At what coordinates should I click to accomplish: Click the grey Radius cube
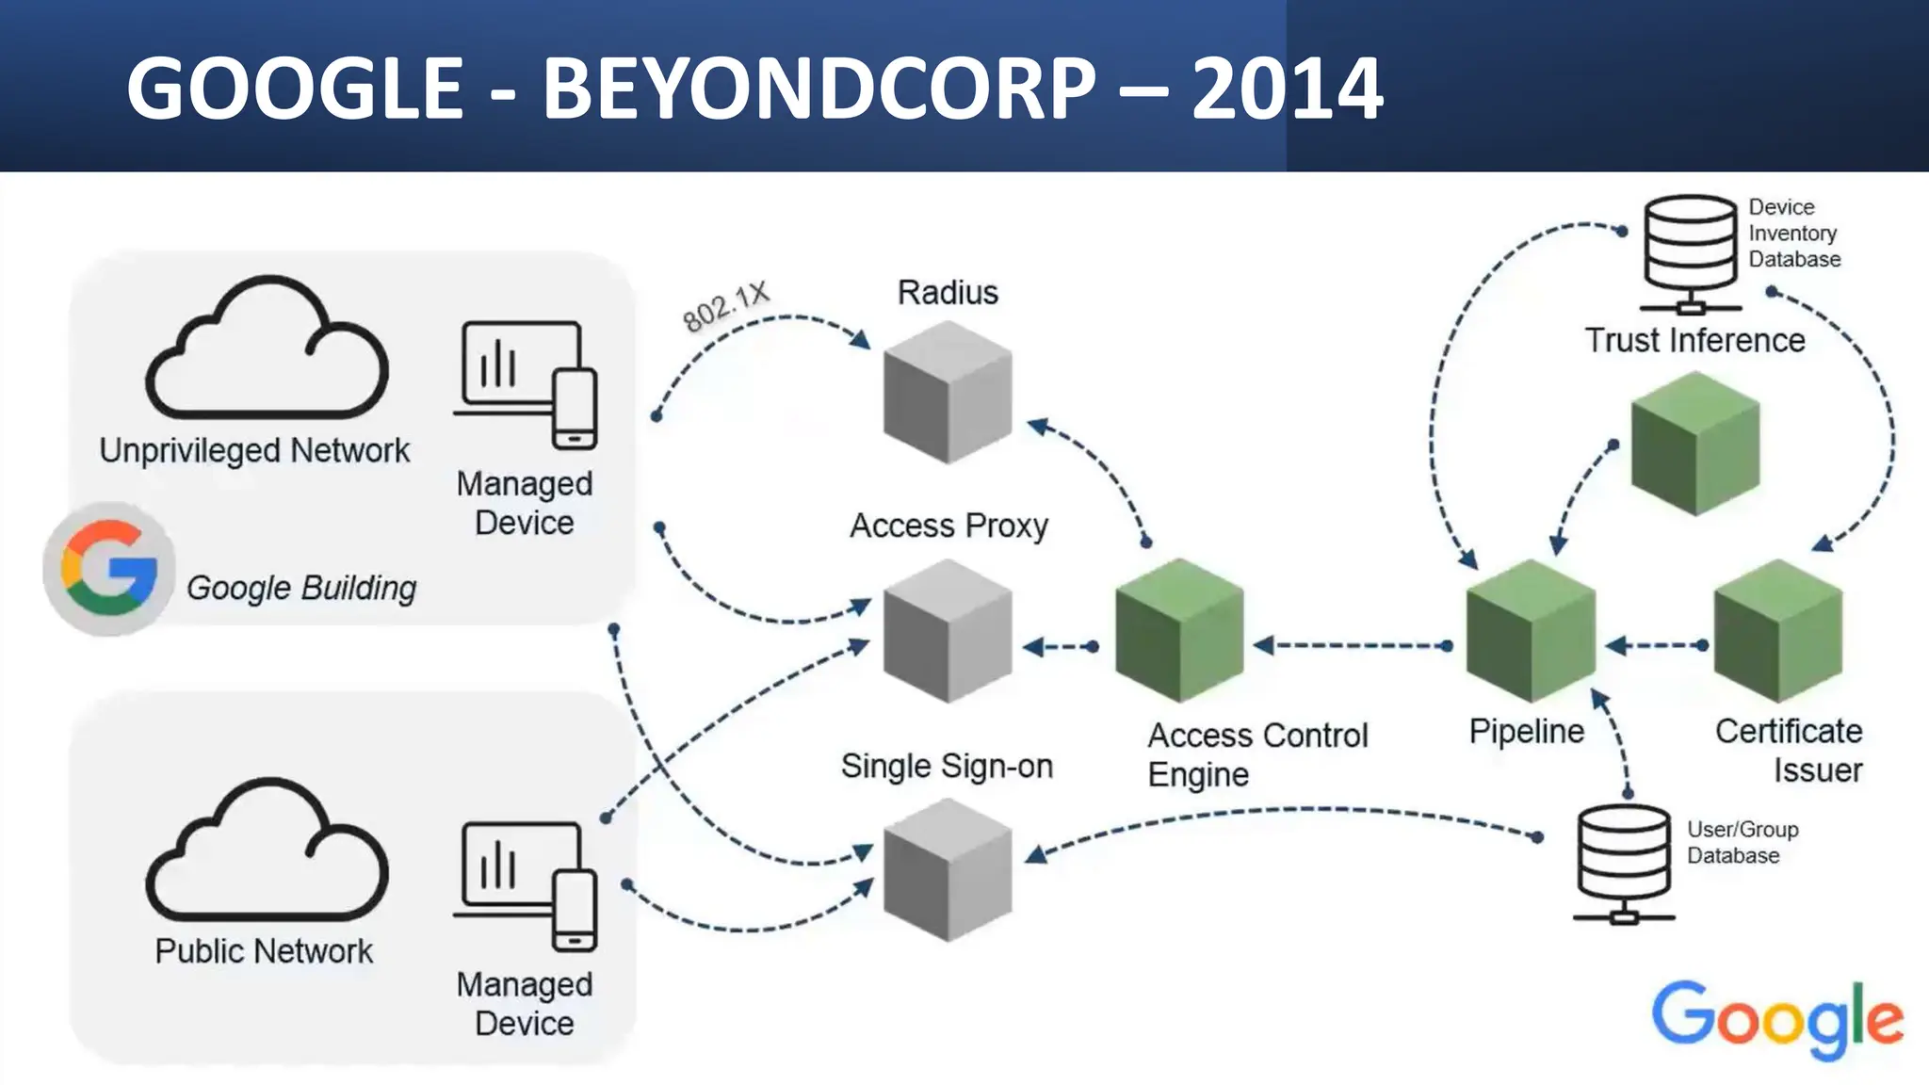pos(948,393)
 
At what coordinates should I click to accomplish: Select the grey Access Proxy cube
pos(948,631)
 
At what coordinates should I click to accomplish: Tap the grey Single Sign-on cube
pos(948,870)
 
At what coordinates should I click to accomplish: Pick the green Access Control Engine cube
pos(1179,630)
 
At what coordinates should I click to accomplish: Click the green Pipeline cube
pos(1531,630)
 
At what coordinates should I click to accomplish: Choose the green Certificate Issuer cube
pos(1777,630)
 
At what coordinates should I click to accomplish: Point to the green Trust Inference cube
pos(1694,444)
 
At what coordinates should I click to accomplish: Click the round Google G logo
pos(108,569)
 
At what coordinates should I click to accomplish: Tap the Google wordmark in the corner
pos(1776,1019)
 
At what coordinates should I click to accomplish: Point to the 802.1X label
pos(725,306)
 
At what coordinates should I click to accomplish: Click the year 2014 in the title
pos(1287,89)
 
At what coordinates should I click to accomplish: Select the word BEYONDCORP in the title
pos(819,89)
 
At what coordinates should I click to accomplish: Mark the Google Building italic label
pos(300,588)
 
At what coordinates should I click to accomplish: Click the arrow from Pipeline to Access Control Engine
pos(1353,645)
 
